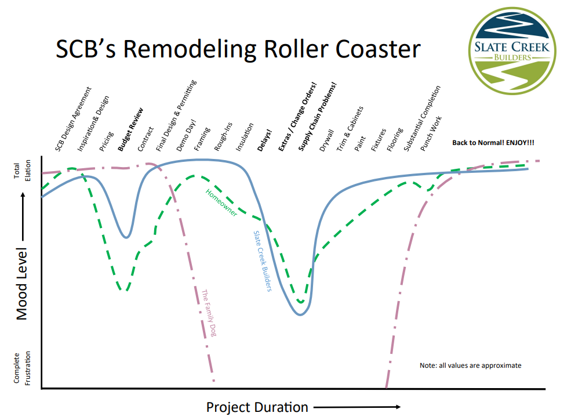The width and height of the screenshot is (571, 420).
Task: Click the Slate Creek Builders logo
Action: [x=512, y=50]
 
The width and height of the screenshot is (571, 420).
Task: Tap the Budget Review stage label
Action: [x=130, y=130]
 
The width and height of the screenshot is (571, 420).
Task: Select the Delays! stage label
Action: [x=265, y=140]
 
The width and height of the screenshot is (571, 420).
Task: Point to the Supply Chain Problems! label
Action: [x=318, y=116]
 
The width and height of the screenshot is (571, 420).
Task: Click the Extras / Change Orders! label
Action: [x=297, y=117]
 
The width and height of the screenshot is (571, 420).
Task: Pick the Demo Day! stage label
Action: [x=186, y=135]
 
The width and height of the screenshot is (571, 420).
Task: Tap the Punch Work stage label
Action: [x=431, y=133]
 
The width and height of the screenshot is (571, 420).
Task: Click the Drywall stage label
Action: [x=326, y=140]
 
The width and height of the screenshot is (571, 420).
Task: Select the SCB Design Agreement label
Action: [x=73, y=119]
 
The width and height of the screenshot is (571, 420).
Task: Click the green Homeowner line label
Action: [x=221, y=202]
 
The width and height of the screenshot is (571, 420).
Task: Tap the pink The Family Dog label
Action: [x=209, y=313]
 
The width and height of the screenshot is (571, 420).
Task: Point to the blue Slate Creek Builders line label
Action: [x=263, y=261]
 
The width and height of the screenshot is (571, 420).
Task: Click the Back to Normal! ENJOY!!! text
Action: [x=493, y=143]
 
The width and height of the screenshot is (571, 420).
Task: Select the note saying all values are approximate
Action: [x=471, y=365]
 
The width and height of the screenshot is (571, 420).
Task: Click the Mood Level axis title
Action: [x=22, y=284]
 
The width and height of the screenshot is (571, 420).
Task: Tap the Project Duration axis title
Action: [x=257, y=407]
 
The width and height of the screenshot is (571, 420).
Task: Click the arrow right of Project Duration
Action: [x=357, y=407]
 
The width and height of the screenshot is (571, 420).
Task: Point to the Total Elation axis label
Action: [x=22, y=171]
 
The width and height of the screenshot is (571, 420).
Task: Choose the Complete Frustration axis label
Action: [x=22, y=368]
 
